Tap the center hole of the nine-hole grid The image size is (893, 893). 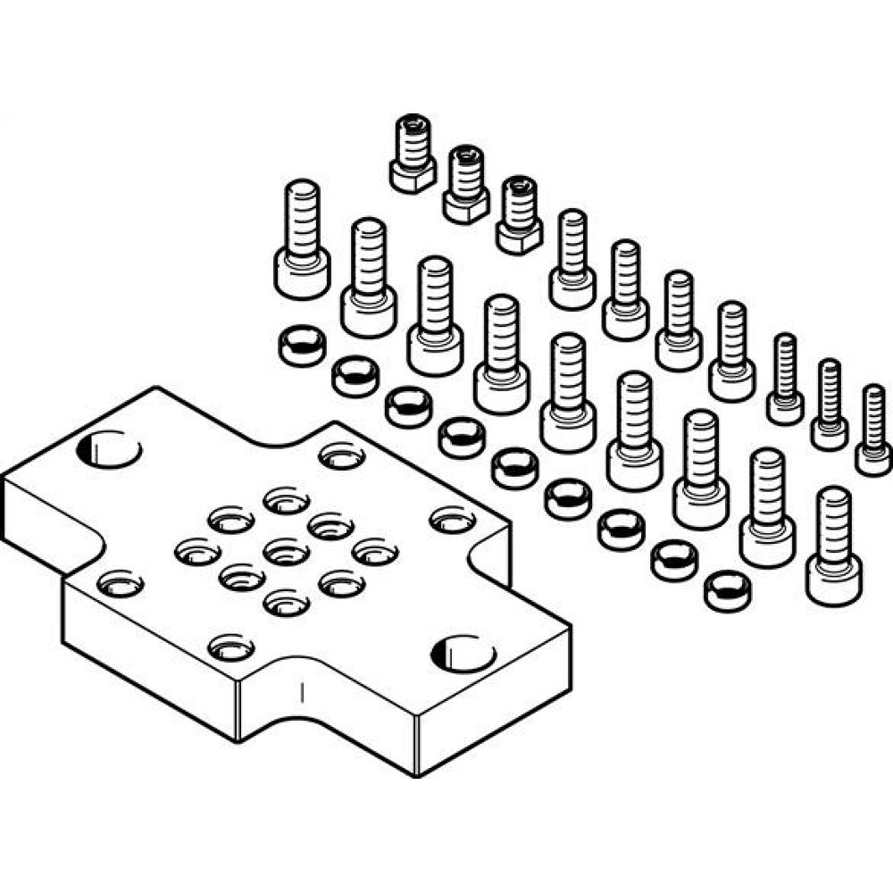click(x=285, y=546)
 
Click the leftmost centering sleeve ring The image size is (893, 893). click(x=302, y=345)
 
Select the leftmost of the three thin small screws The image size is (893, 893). click(x=785, y=378)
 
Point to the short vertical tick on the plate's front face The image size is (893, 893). click(x=303, y=692)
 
